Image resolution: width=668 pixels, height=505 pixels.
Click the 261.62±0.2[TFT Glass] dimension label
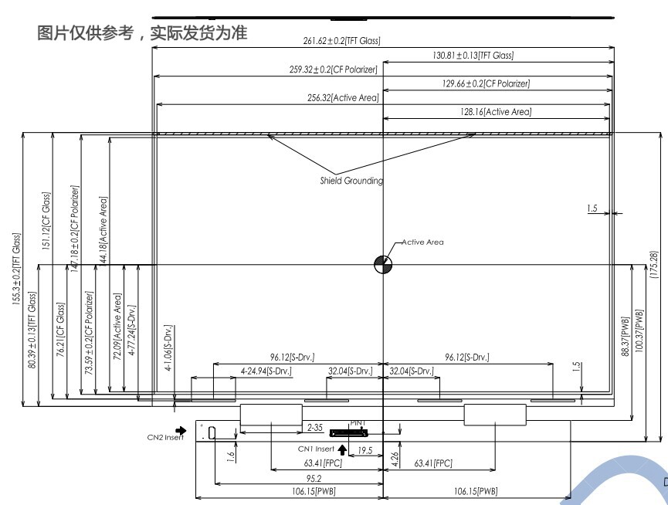click(x=342, y=41)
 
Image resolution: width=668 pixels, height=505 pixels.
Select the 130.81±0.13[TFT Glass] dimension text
click(x=473, y=56)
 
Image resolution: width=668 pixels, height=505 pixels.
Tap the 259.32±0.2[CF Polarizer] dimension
click(x=328, y=69)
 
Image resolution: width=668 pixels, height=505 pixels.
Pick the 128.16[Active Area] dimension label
click(x=496, y=112)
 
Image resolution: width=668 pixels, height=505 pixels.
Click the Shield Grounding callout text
click(x=351, y=181)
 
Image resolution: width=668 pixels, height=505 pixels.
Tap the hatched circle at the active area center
click(x=383, y=264)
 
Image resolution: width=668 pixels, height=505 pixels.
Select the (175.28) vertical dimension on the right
click(x=655, y=266)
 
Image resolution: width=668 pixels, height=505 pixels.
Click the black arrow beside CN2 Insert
click(x=181, y=431)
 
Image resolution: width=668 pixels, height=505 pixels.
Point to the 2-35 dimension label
click(x=314, y=426)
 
